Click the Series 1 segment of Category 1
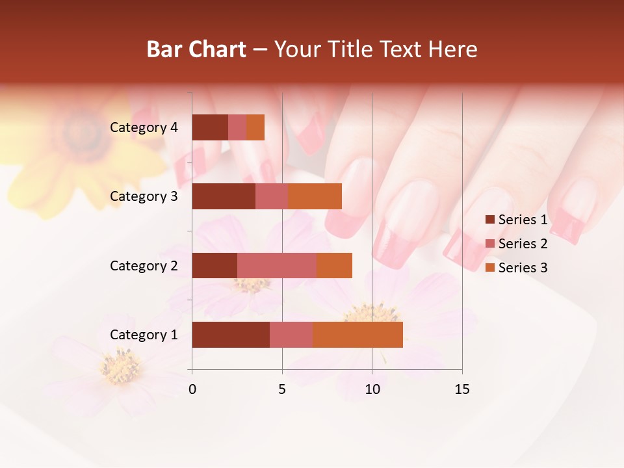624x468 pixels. (231, 335)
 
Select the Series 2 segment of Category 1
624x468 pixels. (291, 335)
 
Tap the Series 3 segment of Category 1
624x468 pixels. (357, 335)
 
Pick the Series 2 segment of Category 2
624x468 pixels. (277, 265)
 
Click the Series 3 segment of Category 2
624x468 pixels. (334, 265)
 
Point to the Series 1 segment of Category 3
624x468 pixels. (224, 196)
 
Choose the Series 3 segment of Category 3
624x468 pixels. (315, 196)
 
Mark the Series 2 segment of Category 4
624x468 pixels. (237, 127)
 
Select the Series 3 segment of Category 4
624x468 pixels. (255, 127)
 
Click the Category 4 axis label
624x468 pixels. (144, 127)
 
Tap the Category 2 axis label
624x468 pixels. (144, 265)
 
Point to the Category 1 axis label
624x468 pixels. (144, 335)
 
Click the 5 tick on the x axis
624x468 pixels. (282, 389)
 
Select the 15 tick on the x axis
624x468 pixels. (461, 389)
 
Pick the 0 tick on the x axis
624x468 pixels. (192, 389)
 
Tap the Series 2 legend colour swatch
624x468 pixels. (489, 244)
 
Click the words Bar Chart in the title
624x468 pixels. (196, 49)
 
